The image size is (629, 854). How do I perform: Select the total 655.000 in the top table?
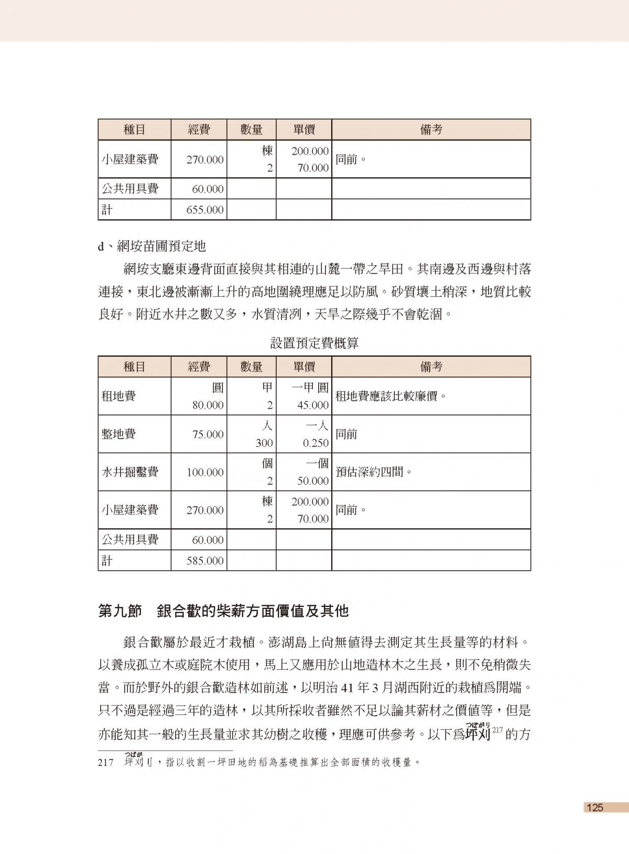point(205,210)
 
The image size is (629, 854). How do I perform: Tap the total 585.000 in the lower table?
point(205,561)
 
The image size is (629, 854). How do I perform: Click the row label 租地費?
point(118,396)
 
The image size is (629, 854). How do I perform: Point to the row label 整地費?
point(118,434)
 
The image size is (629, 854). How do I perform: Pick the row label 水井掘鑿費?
point(129,472)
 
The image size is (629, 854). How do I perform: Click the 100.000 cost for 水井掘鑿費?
point(205,473)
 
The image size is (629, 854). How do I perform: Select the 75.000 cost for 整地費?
point(208,435)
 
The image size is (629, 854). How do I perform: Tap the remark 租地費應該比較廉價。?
point(390,396)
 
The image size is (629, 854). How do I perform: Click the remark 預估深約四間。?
point(373,472)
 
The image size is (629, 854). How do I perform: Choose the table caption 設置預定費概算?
point(314,344)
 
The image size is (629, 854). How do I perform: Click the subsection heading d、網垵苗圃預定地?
point(152,245)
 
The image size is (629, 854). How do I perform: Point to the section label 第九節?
point(120,611)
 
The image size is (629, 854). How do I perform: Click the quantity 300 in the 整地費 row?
point(264,443)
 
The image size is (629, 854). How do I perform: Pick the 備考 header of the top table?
point(431,130)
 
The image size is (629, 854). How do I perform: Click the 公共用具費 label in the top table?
point(129,188)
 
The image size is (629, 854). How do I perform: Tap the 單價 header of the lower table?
point(303,367)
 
